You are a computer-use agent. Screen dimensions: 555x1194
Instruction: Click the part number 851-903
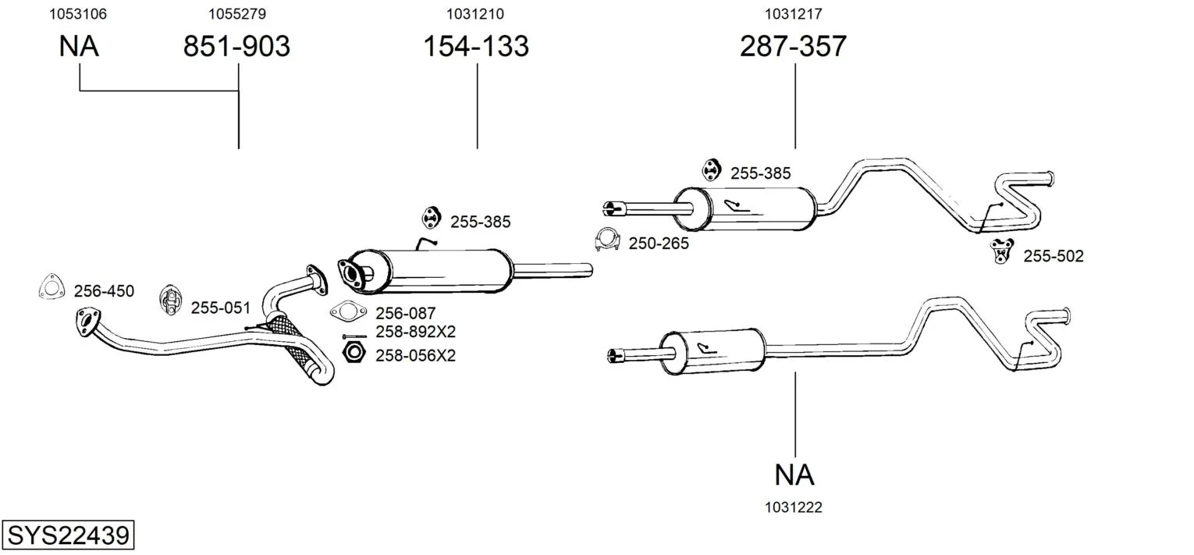(236, 47)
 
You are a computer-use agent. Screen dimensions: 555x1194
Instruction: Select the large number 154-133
(476, 47)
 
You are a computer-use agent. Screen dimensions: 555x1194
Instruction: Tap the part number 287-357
(793, 47)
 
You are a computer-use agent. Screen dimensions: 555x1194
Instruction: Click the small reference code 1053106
(78, 14)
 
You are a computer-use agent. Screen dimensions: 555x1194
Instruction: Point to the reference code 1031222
(794, 507)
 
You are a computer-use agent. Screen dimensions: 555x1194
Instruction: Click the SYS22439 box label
(67, 536)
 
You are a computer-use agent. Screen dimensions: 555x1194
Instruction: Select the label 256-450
(104, 292)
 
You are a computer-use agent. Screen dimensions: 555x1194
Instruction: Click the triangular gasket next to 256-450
(51, 287)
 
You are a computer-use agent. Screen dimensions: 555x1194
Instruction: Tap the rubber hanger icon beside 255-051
(170, 301)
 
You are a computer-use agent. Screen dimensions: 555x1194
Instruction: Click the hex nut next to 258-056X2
(354, 354)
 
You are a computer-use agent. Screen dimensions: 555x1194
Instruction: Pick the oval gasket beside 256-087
(348, 312)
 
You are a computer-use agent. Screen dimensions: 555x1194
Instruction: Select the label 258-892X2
(415, 332)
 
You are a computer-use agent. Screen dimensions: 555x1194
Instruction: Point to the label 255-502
(1054, 256)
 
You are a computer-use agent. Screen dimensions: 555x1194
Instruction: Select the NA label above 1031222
(794, 474)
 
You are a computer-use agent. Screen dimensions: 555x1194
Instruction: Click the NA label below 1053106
(79, 47)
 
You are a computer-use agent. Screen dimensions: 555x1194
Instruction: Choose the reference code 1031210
(475, 14)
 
